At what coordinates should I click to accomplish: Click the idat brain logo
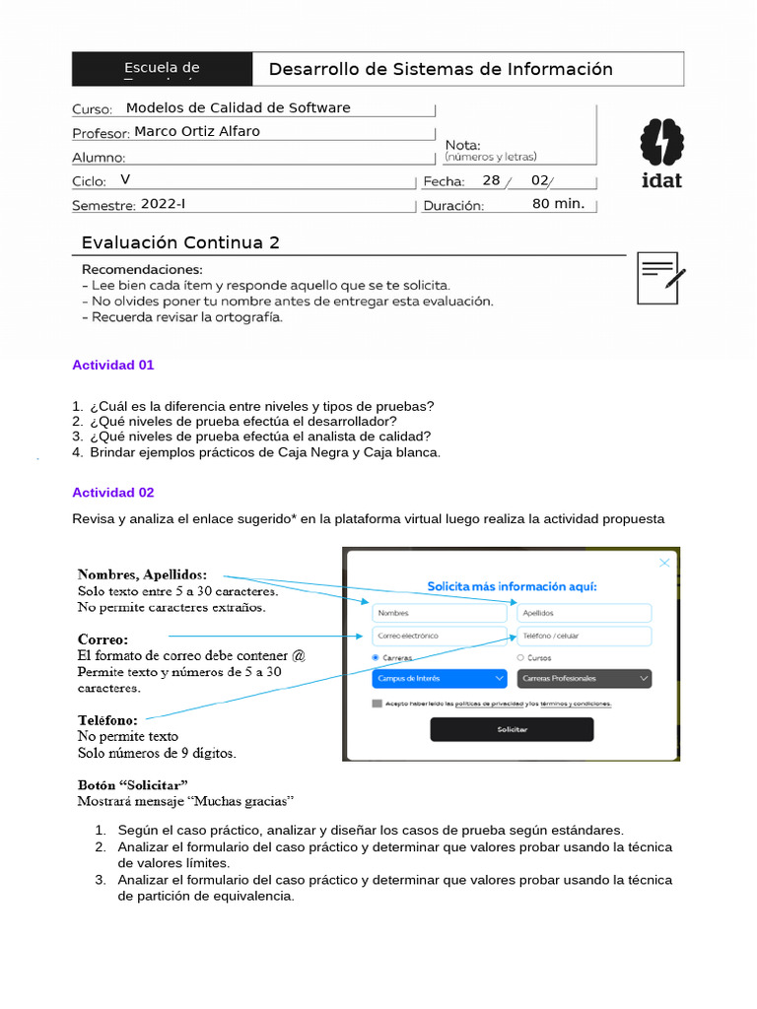coord(660,143)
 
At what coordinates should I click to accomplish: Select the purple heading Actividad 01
coord(113,365)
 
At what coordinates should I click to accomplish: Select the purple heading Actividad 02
coord(113,492)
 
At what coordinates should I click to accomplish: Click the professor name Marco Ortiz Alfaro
coord(197,131)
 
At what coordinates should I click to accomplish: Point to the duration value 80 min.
coord(558,204)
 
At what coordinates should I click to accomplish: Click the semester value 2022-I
coord(163,204)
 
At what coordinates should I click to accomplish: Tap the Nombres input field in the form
coord(440,612)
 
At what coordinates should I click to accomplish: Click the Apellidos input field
coord(584,612)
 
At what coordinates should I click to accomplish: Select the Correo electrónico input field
coord(440,636)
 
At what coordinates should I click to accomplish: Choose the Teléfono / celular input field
coord(584,636)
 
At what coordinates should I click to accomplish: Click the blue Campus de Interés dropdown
coord(440,678)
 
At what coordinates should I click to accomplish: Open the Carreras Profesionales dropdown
coord(584,678)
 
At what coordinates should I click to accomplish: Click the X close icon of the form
coord(664,563)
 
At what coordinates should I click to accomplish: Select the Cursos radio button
coord(520,657)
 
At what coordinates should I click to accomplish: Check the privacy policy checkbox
coord(378,704)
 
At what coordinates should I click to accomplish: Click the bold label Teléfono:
coord(107,720)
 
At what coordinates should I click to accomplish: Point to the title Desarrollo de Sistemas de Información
coord(441,69)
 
